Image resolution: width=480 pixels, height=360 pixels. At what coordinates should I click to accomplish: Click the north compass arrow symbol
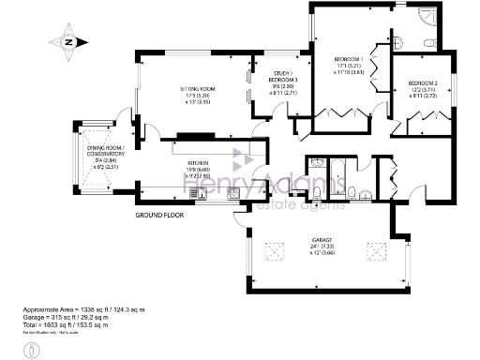click(67, 41)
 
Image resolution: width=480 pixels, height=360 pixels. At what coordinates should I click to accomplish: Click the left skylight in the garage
click(278, 248)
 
